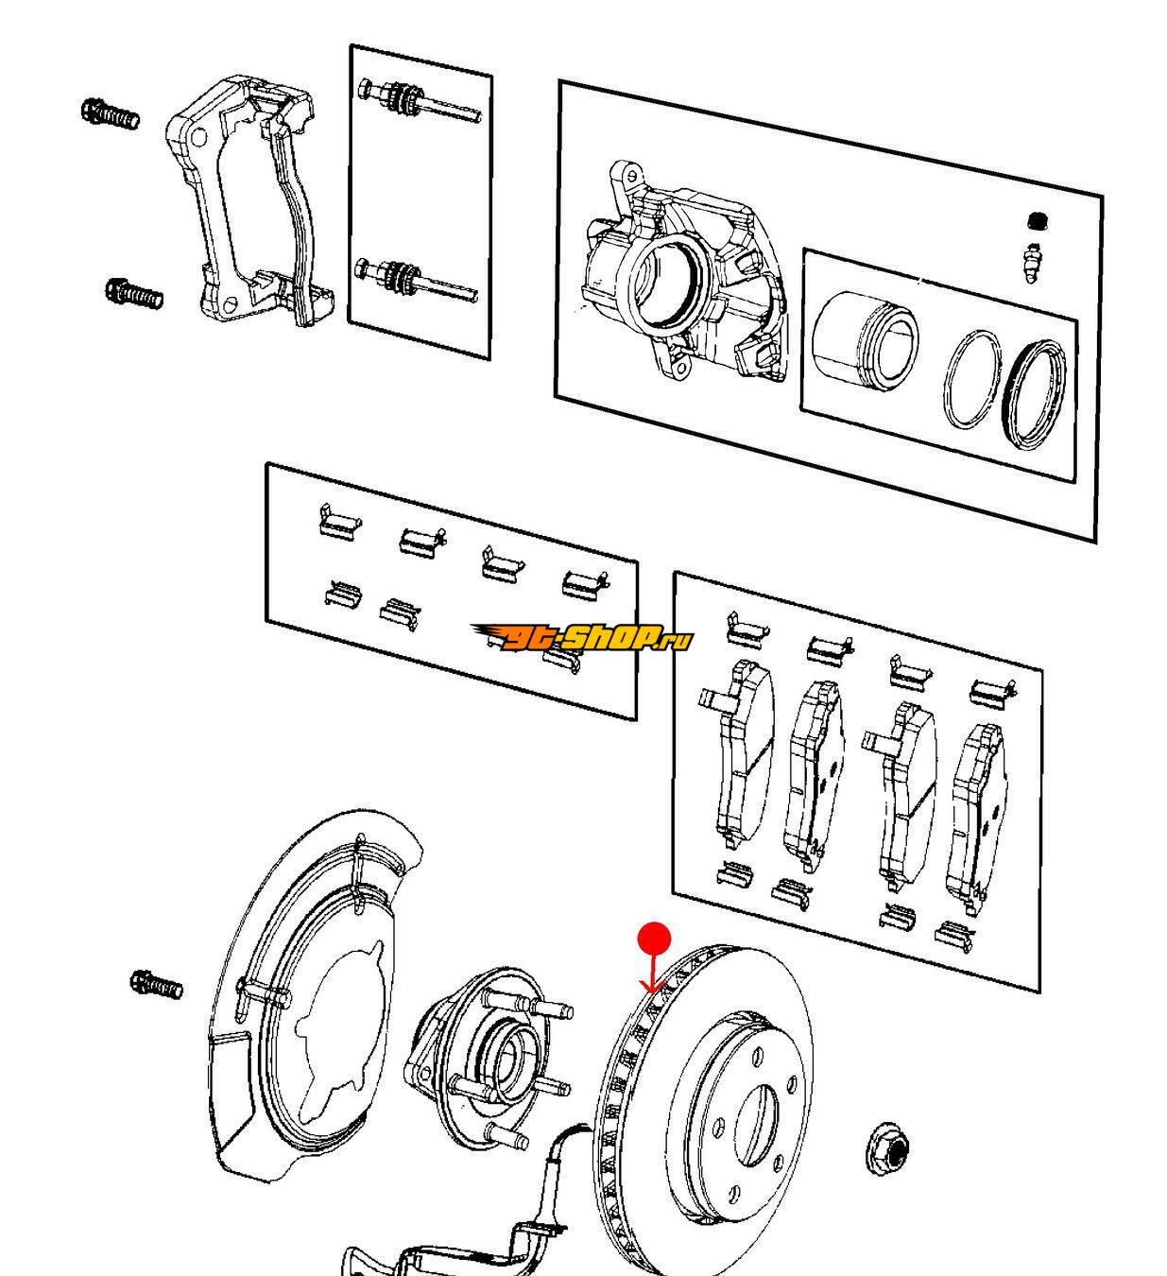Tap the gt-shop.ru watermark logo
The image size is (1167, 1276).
[584, 639]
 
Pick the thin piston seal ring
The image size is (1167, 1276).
[970, 379]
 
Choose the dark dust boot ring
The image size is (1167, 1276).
[1034, 391]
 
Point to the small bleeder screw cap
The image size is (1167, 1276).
[1038, 221]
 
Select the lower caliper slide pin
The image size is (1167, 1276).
[416, 279]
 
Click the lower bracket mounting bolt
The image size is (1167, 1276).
[134, 293]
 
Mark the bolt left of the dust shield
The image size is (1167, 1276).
[156, 986]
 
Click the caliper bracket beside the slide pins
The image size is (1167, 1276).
[250, 203]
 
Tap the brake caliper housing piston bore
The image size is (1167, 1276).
[666, 279]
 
